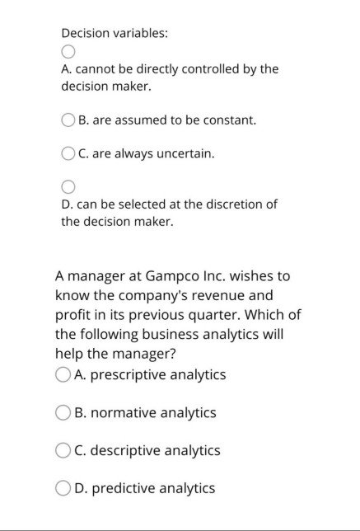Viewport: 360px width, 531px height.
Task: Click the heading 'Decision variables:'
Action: click(115, 34)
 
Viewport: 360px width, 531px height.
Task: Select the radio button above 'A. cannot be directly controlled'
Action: click(68, 51)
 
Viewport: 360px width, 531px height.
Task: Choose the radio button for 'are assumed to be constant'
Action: click(69, 120)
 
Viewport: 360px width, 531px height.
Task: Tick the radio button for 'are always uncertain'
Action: click(69, 153)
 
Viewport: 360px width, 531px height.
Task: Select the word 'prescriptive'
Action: click(128, 375)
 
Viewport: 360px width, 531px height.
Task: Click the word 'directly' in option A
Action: click(148, 69)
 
